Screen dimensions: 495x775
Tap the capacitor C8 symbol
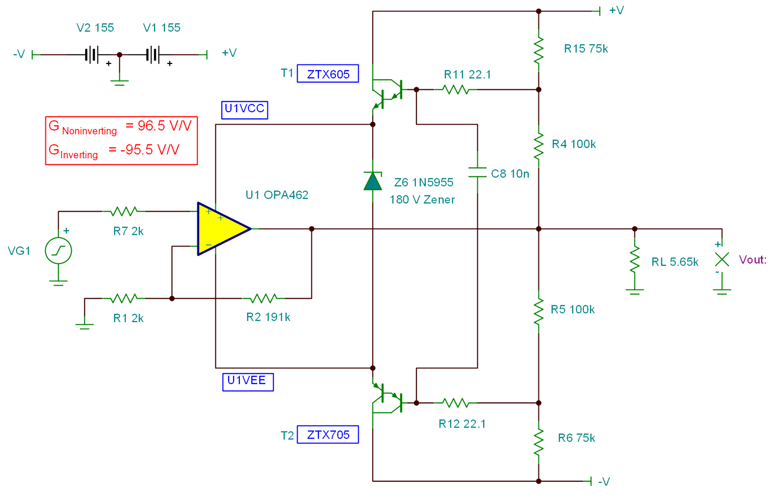tap(477, 172)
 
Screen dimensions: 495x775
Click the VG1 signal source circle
tap(58, 251)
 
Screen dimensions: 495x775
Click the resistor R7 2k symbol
tap(124, 211)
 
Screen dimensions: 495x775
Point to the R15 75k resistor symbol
tap(538, 50)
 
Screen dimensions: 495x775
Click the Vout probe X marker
tap(722, 259)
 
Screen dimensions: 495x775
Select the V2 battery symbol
tap(92, 55)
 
